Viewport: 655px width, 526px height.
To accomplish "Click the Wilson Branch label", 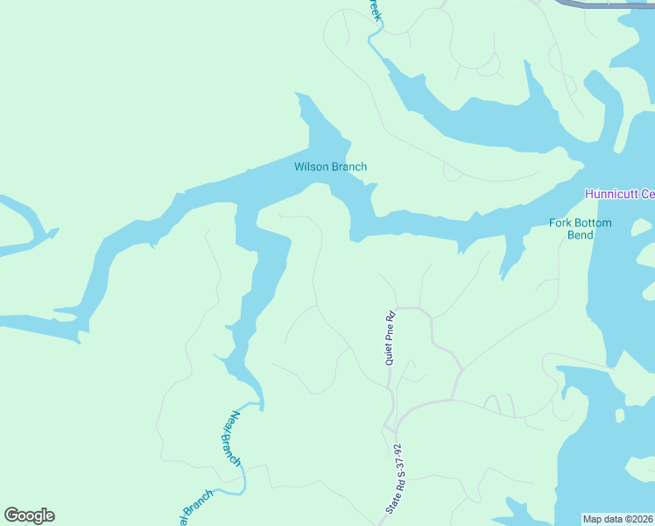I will click(330, 167).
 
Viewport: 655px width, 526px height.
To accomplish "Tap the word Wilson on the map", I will click(311, 167).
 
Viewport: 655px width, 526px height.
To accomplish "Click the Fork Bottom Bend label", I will click(581, 229).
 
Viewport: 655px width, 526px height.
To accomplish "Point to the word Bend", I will click(581, 235).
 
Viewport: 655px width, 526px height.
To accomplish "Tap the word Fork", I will click(561, 223).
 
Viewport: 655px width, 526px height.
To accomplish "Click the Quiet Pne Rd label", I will click(391, 337).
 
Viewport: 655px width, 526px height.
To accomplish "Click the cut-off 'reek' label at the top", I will click(374, 11).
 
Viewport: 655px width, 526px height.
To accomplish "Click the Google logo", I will click(29, 515).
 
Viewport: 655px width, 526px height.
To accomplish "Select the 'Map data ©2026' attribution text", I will click(618, 519).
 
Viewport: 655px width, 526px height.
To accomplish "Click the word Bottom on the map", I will click(595, 223).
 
